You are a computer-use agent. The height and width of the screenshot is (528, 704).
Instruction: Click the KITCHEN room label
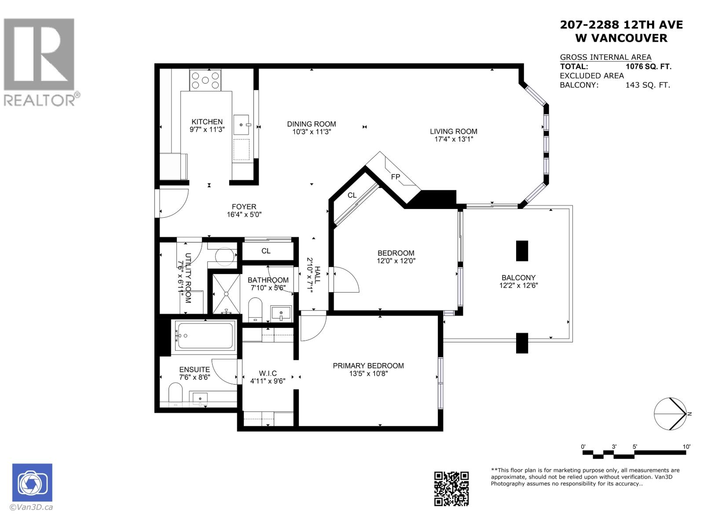tap(207, 122)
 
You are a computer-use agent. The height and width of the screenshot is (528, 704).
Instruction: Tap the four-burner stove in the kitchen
tap(205, 80)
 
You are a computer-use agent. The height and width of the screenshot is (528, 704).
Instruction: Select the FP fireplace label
tap(396, 177)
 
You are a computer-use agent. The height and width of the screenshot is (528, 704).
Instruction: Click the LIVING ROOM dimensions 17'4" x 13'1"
tap(453, 139)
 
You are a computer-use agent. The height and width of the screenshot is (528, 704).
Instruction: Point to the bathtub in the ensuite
tap(205, 337)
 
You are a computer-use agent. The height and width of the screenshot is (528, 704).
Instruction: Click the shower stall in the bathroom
tap(227, 293)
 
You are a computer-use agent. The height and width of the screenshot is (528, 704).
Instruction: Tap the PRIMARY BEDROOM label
tap(368, 366)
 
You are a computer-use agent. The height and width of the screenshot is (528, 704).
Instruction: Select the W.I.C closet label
tap(268, 373)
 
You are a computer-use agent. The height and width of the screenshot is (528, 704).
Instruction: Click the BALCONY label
tap(518, 278)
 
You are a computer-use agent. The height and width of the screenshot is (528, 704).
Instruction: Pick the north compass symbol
tap(671, 414)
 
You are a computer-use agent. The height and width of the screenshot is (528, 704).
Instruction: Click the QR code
tap(451, 488)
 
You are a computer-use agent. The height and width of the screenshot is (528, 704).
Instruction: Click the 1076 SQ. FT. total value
tap(648, 66)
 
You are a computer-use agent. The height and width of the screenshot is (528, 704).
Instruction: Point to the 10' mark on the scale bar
tap(686, 447)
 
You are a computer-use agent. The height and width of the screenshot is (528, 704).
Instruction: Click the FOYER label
tap(244, 207)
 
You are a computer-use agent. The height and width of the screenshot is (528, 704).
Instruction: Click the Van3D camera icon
tap(32, 483)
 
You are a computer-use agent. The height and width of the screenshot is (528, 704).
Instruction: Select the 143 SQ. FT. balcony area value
tap(647, 85)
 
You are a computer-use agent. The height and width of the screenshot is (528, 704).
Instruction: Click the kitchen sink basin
tap(241, 124)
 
